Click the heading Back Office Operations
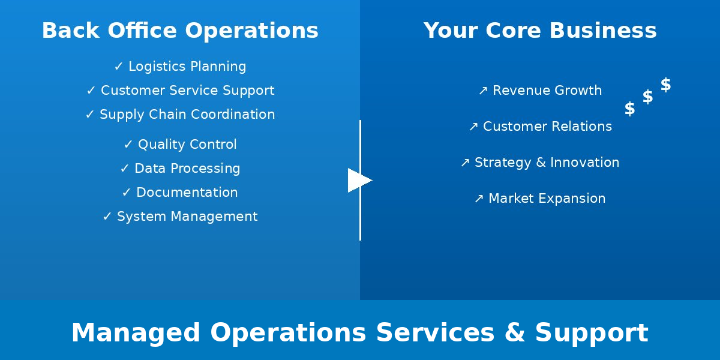(x=180, y=31)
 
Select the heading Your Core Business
(x=540, y=31)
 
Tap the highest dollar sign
(x=665, y=85)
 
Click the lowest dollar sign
(x=629, y=109)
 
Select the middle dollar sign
(x=647, y=97)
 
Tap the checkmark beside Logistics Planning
(x=118, y=67)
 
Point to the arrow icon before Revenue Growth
(x=483, y=91)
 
